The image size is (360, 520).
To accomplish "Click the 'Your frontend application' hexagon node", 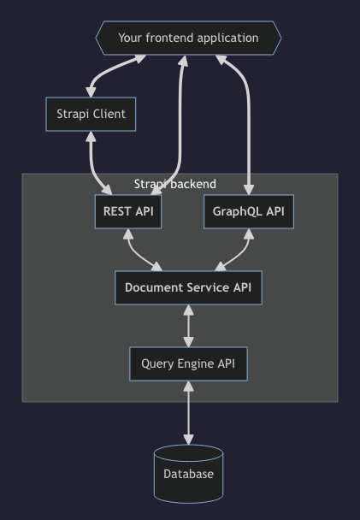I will click(188, 38).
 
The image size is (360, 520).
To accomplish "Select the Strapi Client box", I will click(91, 114).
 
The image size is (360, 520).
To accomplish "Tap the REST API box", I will click(128, 211).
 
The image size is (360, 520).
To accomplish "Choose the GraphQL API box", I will click(248, 211).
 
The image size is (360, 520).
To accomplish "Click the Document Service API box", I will click(188, 287).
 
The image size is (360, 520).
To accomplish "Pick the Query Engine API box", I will click(188, 363).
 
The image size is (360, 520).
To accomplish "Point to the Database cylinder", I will click(188, 474).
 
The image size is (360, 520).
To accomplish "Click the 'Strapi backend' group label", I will click(175, 184).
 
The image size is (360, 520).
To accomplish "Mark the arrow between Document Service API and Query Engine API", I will click(188, 326).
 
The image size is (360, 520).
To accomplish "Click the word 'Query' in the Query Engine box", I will click(156, 363).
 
